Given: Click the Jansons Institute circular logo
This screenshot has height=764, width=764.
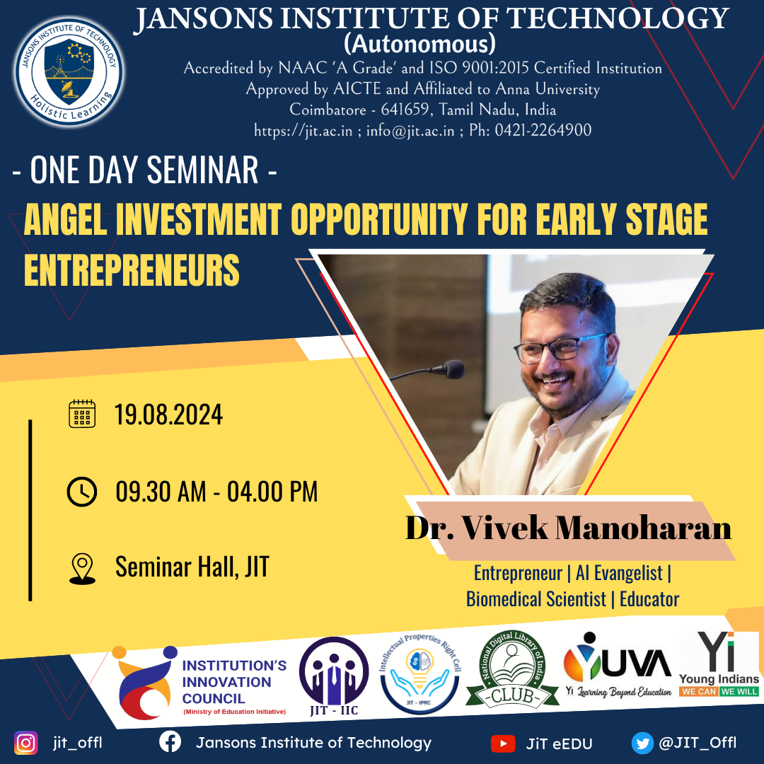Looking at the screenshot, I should pyautogui.click(x=69, y=73).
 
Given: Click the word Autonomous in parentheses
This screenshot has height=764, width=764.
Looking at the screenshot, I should pyautogui.click(x=419, y=45).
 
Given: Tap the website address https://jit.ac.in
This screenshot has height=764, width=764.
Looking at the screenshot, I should pyautogui.click(x=303, y=130).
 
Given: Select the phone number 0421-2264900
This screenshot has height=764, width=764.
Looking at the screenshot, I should pyautogui.click(x=543, y=130).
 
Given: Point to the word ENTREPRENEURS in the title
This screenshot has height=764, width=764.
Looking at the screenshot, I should pyautogui.click(x=132, y=270).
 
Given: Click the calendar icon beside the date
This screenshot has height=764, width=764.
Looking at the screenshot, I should pyautogui.click(x=81, y=414).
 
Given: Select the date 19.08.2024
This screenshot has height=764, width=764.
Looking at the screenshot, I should pyautogui.click(x=168, y=415).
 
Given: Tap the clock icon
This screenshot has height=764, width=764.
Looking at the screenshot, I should pyautogui.click(x=81, y=491).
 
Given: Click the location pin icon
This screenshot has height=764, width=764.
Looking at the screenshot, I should pyautogui.click(x=82, y=569).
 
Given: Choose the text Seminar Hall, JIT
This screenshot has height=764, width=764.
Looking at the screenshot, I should pyautogui.click(x=192, y=567).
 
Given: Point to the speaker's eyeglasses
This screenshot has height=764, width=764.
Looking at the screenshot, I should pyautogui.click(x=562, y=346).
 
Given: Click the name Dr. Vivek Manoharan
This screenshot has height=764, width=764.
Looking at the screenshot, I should pyautogui.click(x=567, y=529).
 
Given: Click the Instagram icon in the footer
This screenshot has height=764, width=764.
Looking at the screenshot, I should pyautogui.click(x=26, y=743).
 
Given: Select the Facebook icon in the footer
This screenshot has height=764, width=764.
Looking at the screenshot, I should pyautogui.click(x=169, y=743).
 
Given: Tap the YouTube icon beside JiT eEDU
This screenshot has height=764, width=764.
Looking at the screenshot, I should pyautogui.click(x=502, y=743).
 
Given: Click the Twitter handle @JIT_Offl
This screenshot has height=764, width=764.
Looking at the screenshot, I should pyautogui.click(x=698, y=743).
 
